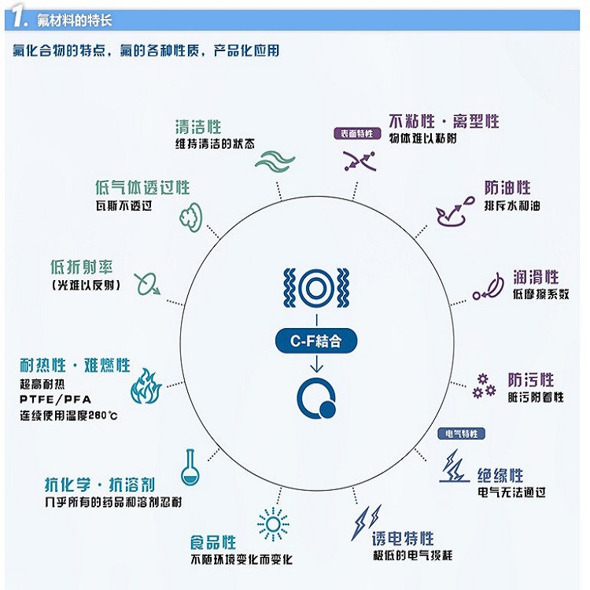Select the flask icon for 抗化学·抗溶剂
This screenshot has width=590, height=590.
click(x=188, y=466)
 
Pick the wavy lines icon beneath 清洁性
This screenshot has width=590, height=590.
click(x=275, y=160)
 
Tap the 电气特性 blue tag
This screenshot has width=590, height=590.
click(x=461, y=433)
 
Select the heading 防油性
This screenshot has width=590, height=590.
click(x=507, y=188)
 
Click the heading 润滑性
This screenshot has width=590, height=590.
click(x=536, y=277)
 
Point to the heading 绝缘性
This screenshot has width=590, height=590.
click(x=500, y=475)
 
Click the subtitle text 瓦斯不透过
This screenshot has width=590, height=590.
click(x=122, y=206)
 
